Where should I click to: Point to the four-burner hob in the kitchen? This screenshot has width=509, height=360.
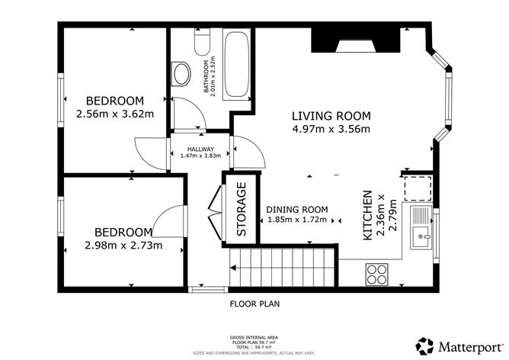pos(376,272)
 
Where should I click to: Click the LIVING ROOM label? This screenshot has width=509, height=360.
pos(331,116)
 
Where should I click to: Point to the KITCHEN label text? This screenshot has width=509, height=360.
pos(367,216)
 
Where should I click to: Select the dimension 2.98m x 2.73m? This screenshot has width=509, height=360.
pos(124,246)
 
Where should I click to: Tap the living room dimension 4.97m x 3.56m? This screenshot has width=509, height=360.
pos(331,129)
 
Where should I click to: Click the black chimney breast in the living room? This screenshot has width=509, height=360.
pos(357,39)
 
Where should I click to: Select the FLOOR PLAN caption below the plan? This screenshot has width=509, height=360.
pos(254,304)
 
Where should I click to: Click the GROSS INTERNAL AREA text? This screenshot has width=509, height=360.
pos(254,336)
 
